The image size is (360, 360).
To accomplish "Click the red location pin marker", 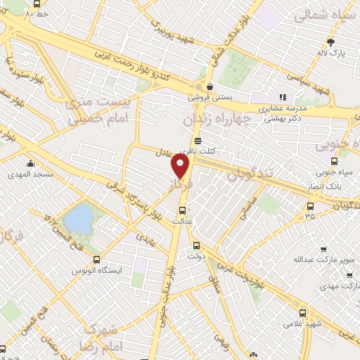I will (181, 166).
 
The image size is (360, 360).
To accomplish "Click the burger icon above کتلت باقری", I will (198, 140).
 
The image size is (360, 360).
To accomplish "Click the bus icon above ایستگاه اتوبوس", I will (96, 259).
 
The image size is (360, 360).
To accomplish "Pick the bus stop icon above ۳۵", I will (310, 205).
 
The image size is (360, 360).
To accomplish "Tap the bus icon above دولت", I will (196, 246).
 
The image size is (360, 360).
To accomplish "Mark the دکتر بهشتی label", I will (285, 120).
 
